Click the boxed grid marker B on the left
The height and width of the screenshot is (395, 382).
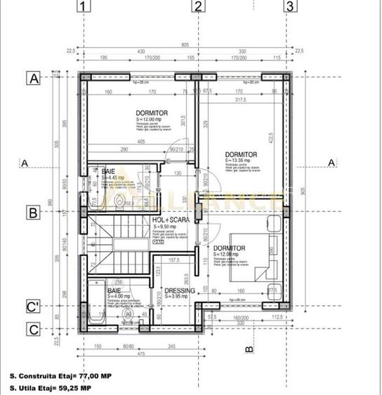pyautogui.click(x=33, y=211)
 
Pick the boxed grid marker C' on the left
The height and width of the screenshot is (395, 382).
pyautogui.click(x=33, y=307)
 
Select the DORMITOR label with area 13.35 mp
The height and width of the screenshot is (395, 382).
pyautogui.click(x=241, y=154)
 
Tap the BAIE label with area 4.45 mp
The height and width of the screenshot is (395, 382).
pyautogui.click(x=108, y=171)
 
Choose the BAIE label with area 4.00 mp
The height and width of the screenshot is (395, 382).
pyautogui.click(x=114, y=290)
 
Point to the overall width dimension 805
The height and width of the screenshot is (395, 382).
pyautogui.click(x=186, y=45)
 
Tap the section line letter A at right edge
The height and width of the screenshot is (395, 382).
pyautogui.click(x=331, y=163)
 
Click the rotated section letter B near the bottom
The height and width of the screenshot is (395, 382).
pyautogui.click(x=249, y=348)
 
